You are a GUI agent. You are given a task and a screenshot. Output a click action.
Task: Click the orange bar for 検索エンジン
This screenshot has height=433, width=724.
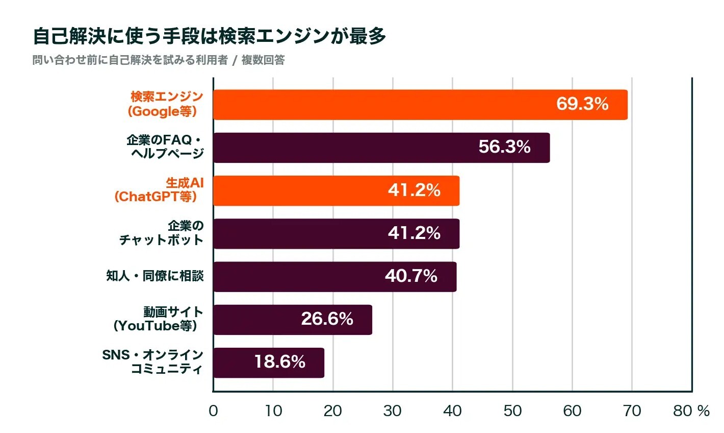click(x=420, y=105)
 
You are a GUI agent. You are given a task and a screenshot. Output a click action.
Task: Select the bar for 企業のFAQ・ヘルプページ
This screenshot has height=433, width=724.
click(x=381, y=148)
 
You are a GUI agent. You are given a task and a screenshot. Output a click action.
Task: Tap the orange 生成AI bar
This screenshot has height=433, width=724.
click(x=336, y=190)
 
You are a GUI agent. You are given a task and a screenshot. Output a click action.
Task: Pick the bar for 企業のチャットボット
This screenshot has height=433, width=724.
click(x=336, y=234)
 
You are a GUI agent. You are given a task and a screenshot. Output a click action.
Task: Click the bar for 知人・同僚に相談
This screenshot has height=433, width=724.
click(x=335, y=277)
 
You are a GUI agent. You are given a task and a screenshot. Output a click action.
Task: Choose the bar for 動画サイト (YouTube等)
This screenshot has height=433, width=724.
click(x=293, y=320)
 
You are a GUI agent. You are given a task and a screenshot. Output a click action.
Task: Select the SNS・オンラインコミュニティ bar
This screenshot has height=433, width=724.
click(x=269, y=363)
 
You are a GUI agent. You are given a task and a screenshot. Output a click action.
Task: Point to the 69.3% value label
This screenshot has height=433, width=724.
click(x=582, y=104)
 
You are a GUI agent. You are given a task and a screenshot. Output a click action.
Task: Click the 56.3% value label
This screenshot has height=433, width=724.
click(x=505, y=147)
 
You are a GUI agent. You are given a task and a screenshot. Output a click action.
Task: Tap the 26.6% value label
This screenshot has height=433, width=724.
click(x=327, y=319)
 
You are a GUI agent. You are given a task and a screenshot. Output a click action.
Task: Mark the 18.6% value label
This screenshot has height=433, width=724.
click(x=280, y=362)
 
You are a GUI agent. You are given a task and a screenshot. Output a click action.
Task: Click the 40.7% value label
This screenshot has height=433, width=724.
click(x=411, y=276)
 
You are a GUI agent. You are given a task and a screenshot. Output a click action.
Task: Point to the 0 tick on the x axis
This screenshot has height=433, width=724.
click(x=213, y=411)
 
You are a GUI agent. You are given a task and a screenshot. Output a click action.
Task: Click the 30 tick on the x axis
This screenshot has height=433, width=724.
click(x=393, y=411)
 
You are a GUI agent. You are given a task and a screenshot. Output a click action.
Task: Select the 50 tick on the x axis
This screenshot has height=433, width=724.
click(x=512, y=411)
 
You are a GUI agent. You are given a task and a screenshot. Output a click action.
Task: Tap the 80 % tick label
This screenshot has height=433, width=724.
click(x=691, y=411)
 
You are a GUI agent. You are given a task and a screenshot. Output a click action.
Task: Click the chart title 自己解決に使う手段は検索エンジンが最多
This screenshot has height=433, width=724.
click(x=210, y=36)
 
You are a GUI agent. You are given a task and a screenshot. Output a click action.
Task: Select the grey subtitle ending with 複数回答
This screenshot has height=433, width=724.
click(x=159, y=60)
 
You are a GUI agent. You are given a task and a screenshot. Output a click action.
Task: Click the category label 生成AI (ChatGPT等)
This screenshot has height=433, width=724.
click(x=159, y=190)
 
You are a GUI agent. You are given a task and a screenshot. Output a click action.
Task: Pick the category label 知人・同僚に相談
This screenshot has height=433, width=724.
click(x=155, y=276)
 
